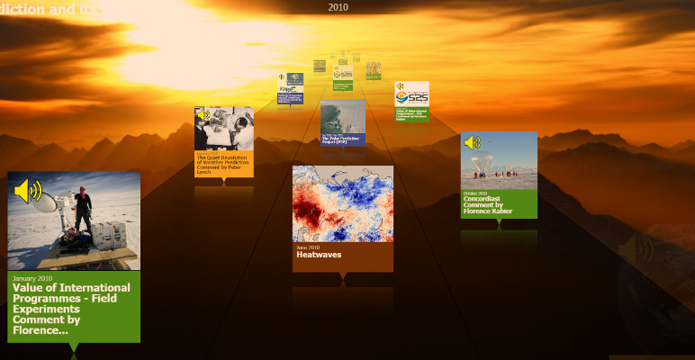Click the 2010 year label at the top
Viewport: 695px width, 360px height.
[x=338, y=7]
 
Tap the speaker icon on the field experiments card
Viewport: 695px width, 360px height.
[x=28, y=191]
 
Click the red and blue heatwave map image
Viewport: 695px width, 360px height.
[x=342, y=203]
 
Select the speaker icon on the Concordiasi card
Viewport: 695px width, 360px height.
[x=472, y=142]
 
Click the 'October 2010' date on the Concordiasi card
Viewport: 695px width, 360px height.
[x=475, y=193]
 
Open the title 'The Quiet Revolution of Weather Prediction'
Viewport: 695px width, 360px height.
[x=223, y=163]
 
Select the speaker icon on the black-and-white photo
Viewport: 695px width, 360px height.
[x=203, y=115]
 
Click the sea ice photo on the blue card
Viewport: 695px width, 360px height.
[x=342, y=117]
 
